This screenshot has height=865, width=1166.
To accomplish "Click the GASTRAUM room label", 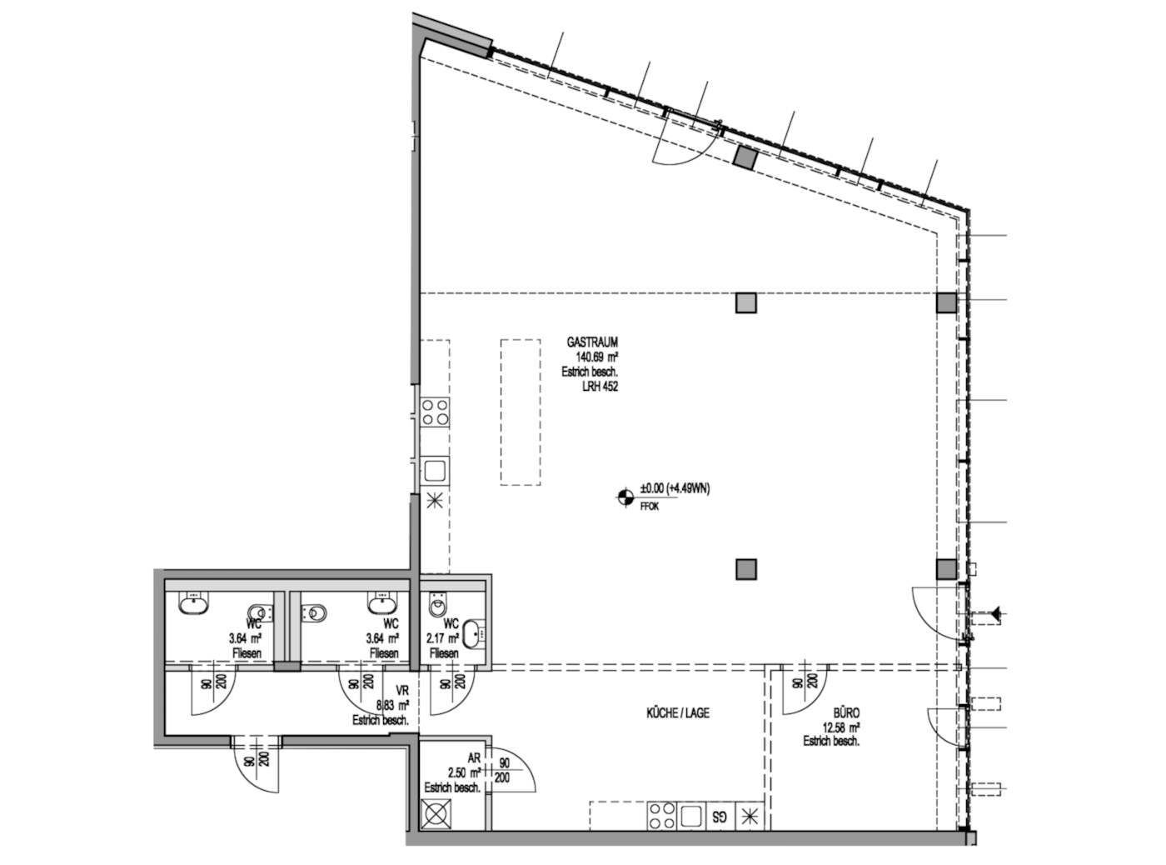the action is click(592, 342).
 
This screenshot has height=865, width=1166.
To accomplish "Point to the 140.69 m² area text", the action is click(596, 357).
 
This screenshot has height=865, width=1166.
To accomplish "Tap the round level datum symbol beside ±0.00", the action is click(625, 497).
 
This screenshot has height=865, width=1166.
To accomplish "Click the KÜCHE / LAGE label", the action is click(677, 713).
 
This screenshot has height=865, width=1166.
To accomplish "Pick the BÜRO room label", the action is click(846, 713).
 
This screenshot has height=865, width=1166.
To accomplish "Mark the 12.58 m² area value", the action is click(840, 727).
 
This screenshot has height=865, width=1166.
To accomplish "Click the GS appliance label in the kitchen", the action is click(719, 817).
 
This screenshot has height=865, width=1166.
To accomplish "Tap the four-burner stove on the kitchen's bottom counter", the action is click(661, 816).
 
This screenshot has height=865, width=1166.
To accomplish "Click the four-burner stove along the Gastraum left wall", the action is click(435, 412).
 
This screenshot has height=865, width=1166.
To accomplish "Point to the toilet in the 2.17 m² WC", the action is click(436, 604).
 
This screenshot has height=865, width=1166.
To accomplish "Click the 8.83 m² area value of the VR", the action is click(392, 705).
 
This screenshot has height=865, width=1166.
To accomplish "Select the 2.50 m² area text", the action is click(464, 773).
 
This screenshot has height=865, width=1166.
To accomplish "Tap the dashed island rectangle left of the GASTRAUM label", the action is click(520, 412).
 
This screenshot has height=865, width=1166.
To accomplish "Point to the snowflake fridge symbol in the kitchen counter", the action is click(750, 817).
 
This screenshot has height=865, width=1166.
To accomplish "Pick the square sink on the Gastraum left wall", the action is click(435, 470).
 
